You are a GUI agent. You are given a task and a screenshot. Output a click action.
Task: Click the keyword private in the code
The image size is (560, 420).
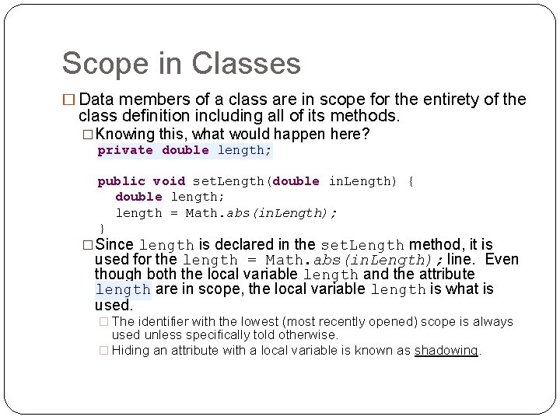(x=125, y=150)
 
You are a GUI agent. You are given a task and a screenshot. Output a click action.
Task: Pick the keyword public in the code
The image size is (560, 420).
(x=121, y=181)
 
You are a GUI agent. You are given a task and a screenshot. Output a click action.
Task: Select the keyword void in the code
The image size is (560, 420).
(x=168, y=181)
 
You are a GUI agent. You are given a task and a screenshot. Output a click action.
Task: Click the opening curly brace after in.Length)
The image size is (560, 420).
(x=411, y=181)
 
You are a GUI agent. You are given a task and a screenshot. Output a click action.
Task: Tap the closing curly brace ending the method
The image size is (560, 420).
(x=102, y=227)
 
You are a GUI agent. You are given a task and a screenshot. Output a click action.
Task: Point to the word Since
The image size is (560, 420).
(x=114, y=244)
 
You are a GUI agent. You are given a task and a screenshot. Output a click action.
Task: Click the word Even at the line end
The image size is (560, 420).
(x=502, y=259)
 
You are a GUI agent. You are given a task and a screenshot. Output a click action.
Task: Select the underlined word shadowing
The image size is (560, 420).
(x=446, y=350)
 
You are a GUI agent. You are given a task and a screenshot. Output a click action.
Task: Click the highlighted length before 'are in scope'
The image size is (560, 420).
(x=122, y=289)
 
